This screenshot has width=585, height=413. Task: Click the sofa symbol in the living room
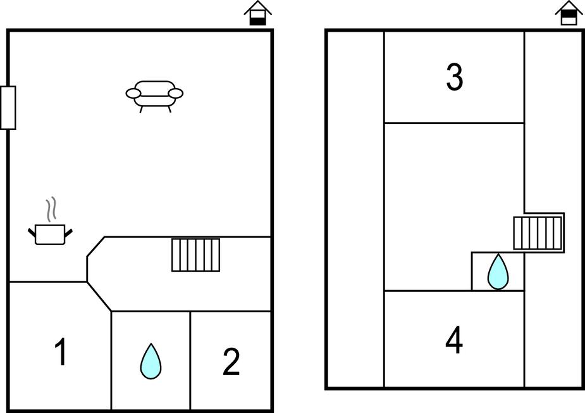point(154,94)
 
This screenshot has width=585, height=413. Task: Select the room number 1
point(61,353)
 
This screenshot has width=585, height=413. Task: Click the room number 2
point(231,362)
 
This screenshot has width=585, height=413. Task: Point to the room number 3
point(455,78)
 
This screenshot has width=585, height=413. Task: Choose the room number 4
point(454,341)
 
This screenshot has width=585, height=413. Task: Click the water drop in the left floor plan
point(151,361)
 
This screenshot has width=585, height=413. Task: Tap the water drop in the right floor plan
point(498,272)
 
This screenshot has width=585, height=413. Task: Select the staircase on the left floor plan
point(196,255)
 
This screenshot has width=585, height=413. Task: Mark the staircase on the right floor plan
point(538,233)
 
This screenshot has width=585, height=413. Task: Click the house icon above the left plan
point(258,13)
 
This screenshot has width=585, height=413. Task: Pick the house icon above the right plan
point(569,13)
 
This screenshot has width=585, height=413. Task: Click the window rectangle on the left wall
point(8,108)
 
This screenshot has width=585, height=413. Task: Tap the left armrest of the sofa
point(133,94)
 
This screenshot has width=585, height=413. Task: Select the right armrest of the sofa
point(176,94)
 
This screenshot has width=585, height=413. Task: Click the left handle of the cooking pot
point(32,232)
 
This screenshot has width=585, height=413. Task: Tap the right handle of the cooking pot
point(70,232)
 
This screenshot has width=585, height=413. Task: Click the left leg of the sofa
point(141,109)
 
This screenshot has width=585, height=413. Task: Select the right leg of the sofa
point(169,109)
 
